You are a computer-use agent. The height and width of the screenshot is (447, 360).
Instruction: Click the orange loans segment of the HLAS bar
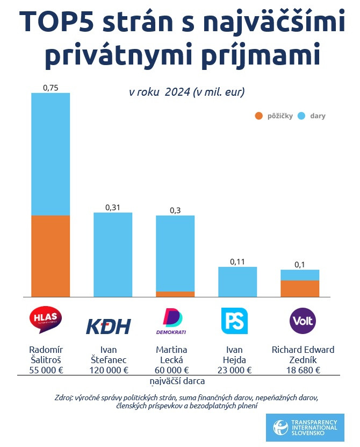pyautogui.click(x=51, y=256)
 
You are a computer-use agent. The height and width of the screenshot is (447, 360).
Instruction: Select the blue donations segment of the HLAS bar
pyautogui.click(x=51, y=154)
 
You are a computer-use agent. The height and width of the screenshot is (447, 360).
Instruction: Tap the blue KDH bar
pyautogui.click(x=113, y=254)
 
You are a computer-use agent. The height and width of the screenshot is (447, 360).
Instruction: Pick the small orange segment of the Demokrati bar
pyautogui.click(x=175, y=294)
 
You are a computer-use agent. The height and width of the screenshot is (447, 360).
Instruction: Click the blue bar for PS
pyautogui.click(x=237, y=282)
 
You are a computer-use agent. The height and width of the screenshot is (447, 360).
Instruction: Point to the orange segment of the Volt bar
pyautogui.click(x=300, y=288)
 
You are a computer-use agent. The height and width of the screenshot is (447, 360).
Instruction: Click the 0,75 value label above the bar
pyautogui.click(x=51, y=87)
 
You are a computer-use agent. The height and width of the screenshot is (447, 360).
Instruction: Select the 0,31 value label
pyautogui.click(x=113, y=207)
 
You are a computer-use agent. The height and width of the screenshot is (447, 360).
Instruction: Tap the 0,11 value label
pyautogui.click(x=237, y=261)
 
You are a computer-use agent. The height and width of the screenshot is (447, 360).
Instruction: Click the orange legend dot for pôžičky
pyautogui.click(x=258, y=116)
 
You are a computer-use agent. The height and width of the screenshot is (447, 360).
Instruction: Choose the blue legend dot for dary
pyautogui.click(x=301, y=116)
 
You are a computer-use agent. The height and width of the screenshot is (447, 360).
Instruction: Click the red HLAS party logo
pyautogui.click(x=46, y=321)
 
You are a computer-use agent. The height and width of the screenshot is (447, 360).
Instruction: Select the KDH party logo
pyautogui.click(x=108, y=326)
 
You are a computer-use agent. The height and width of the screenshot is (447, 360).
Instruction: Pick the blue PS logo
pyautogui.click(x=234, y=321)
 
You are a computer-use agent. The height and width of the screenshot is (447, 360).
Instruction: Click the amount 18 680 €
pyautogui.click(x=303, y=370)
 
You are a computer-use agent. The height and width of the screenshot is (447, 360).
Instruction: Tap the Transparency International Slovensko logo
pyautogui.click(x=305, y=428)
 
